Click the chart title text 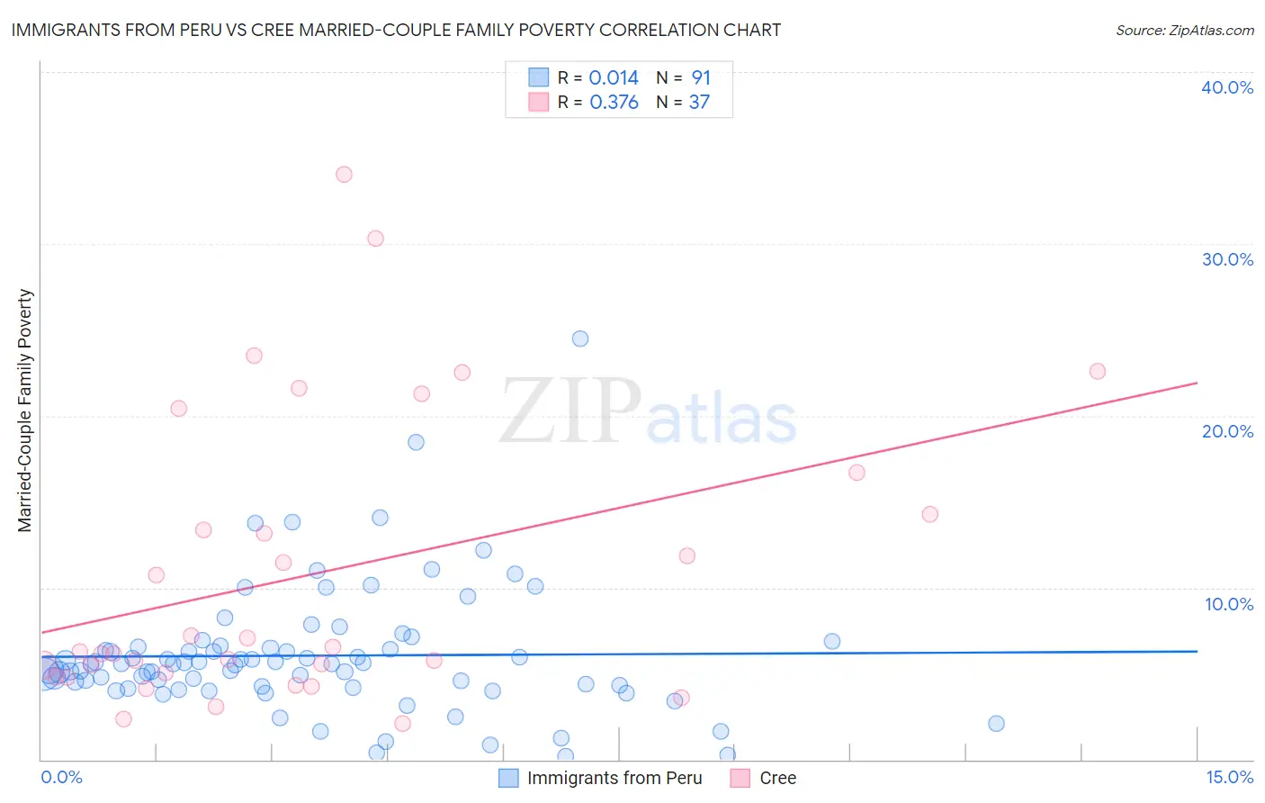pyautogui.click(x=396, y=30)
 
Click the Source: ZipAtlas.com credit pyautogui.click(x=1184, y=30)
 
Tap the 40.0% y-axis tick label pyautogui.click(x=1227, y=87)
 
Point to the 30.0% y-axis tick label pyautogui.click(x=1227, y=259)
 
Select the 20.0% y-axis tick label pyautogui.click(x=1227, y=431)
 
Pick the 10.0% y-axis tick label pyautogui.click(x=1228, y=604)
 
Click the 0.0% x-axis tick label pyautogui.click(x=61, y=777)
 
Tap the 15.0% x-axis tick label pyautogui.click(x=1229, y=777)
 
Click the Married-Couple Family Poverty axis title pyautogui.click(x=25, y=411)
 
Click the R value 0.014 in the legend pyautogui.click(x=614, y=78)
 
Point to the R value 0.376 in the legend pyautogui.click(x=614, y=103)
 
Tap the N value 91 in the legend pyautogui.click(x=701, y=78)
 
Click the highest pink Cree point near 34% pyautogui.click(x=344, y=175)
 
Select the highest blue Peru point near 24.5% pyautogui.click(x=580, y=338)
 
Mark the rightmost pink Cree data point pyautogui.click(x=1098, y=372)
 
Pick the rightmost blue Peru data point pyautogui.click(x=996, y=724)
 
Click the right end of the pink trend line pyautogui.click(x=1197, y=383)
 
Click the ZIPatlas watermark pyautogui.click(x=648, y=412)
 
